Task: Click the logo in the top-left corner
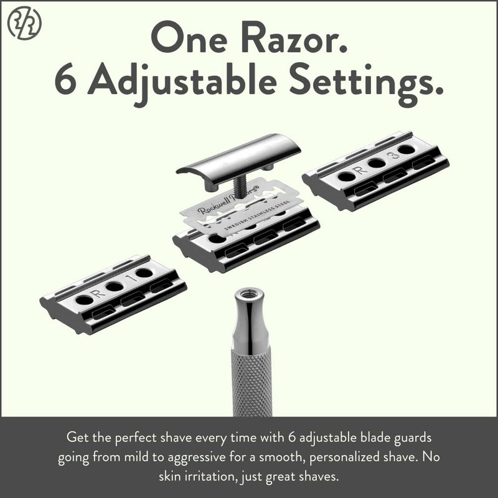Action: click(x=24, y=24)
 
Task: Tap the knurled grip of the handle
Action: click(x=251, y=380)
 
